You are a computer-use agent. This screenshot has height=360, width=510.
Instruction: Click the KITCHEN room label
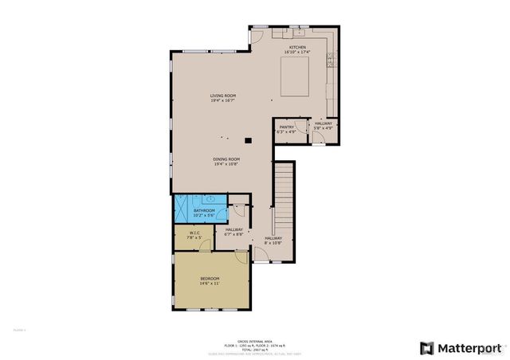coord(297,48)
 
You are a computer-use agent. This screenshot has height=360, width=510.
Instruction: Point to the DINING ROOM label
coord(226,158)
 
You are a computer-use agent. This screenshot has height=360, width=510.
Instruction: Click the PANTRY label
coord(286,127)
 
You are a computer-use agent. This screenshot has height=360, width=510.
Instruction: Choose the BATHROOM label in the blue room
coord(204,210)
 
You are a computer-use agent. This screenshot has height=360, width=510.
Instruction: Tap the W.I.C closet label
coord(194,233)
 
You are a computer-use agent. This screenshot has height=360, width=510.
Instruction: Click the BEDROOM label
coord(210,278)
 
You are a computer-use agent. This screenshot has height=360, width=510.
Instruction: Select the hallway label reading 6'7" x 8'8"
coord(233,229)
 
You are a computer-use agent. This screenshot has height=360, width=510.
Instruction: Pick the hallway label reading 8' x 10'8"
coord(273,238)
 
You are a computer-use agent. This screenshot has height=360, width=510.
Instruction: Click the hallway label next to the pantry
coord(323,123)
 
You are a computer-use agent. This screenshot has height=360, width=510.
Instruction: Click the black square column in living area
coord(249,140)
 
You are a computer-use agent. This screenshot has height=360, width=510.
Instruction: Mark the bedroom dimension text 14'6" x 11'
coord(210,283)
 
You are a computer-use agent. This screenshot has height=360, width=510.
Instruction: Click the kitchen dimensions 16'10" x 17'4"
coord(297,53)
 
